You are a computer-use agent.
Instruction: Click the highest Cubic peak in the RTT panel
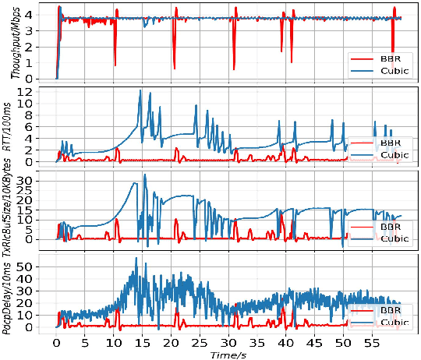(x=140, y=90)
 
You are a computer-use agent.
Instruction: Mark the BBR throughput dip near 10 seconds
(x=115, y=64)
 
